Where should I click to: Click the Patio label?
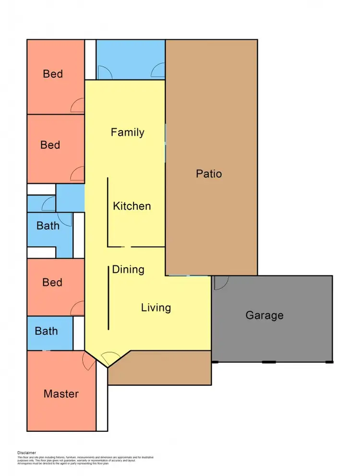tap(209, 173)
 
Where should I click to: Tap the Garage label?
tap(264, 315)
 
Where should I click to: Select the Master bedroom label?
tap(61, 394)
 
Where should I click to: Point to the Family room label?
tap(128, 132)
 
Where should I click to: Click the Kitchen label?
tap(132, 206)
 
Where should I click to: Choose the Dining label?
tap(128, 269)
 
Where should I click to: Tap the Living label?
tap(156, 307)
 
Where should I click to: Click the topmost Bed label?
tap(53, 74)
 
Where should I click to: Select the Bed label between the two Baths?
tap(52, 282)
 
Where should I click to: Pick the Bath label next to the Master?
tap(46, 331)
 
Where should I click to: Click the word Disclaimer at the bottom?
tap(26, 452)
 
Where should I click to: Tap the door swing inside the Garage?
tap(221, 283)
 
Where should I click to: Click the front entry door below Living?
tap(110, 358)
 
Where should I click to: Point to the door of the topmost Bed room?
tap(77, 107)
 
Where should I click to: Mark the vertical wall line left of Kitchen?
tap(108, 211)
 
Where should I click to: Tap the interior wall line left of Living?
tap(108, 297)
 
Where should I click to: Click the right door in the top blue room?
tap(158, 72)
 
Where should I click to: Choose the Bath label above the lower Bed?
tap(48, 226)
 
